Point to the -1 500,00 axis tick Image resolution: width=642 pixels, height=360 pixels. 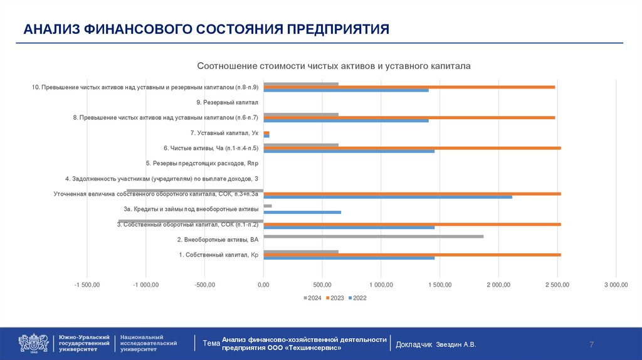[x=87, y=285]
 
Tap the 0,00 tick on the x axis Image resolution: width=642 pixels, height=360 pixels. [x=263, y=285]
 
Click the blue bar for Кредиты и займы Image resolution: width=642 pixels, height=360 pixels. [x=302, y=213]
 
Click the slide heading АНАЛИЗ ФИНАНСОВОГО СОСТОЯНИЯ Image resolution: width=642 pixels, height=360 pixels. [x=207, y=29]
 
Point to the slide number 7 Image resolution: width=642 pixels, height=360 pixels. [x=591, y=344]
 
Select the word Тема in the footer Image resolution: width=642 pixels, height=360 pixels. [x=211, y=344]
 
